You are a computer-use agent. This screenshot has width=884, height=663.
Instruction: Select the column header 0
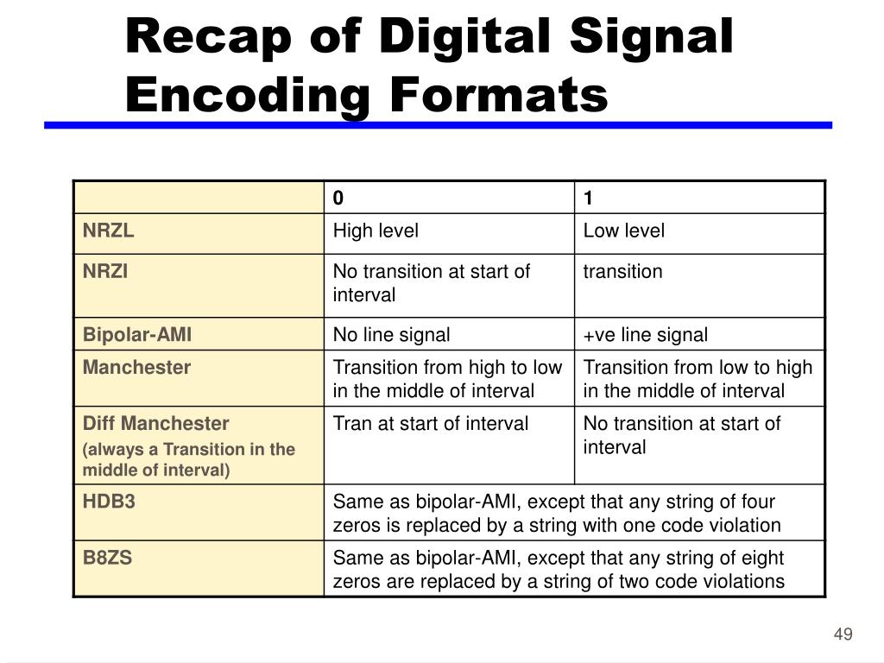(x=338, y=199)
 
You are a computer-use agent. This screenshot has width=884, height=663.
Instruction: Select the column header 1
(x=588, y=199)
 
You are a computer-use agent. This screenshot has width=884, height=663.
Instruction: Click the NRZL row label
(x=109, y=230)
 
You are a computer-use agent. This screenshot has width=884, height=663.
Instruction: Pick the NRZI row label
(x=105, y=271)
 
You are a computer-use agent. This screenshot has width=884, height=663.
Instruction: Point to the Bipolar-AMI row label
(x=137, y=335)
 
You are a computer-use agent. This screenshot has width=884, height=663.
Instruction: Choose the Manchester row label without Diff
(x=136, y=367)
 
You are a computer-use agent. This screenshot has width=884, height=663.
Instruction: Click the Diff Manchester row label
(x=156, y=423)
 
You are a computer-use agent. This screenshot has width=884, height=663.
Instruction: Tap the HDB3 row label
(x=109, y=502)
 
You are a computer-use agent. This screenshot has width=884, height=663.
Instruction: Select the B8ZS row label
(x=107, y=557)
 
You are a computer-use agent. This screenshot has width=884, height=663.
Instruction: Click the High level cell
(x=376, y=230)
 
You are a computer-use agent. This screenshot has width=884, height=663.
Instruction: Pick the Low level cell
(x=624, y=230)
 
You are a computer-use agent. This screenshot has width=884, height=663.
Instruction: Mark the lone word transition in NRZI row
(x=623, y=271)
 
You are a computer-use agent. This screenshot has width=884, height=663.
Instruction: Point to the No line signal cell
(x=392, y=335)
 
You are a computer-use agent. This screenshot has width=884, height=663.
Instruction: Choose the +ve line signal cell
(x=646, y=335)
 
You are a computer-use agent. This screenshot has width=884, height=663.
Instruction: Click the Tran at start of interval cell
(x=431, y=423)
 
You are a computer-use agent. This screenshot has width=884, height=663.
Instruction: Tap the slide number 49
(x=843, y=635)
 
